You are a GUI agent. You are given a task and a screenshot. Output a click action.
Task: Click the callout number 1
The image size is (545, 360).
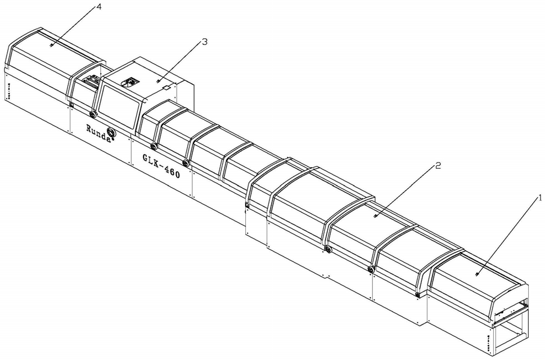click(540, 198)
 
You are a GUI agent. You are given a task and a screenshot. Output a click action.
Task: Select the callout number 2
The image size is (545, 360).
click(438, 165)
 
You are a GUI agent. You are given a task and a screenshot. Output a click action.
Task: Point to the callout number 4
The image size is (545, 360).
click(99, 7)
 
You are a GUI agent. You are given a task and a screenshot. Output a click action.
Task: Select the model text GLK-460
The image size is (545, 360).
click(161, 166)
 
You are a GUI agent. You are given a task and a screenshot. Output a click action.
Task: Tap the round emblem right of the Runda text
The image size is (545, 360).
click(111, 133)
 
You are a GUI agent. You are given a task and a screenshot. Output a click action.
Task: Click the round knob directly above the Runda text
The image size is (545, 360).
click(92, 114)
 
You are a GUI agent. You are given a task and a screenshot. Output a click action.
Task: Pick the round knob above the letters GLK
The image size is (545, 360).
click(154, 145)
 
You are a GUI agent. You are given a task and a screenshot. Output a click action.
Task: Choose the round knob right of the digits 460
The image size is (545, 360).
click(186, 163)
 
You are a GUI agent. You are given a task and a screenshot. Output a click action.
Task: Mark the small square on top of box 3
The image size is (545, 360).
click(166, 88)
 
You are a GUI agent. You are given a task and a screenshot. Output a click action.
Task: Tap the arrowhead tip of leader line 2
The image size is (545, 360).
click(375, 217)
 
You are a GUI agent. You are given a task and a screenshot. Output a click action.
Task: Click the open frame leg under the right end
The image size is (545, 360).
click(511, 330)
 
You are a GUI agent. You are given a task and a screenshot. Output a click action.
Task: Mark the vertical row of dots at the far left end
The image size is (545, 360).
click(8, 91)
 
